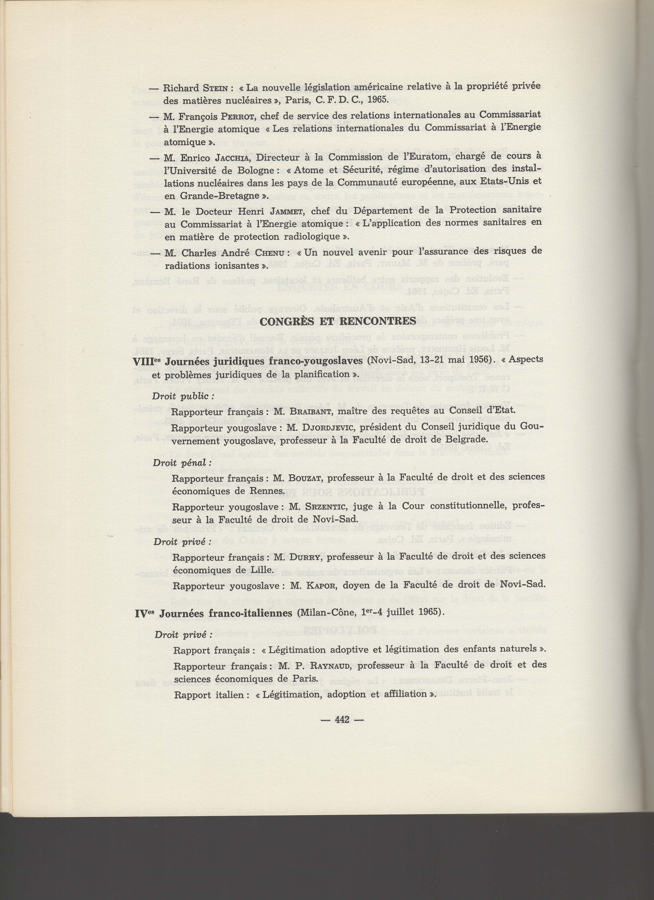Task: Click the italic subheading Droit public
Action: click(x=184, y=396)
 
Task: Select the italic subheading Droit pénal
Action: click(x=182, y=463)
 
